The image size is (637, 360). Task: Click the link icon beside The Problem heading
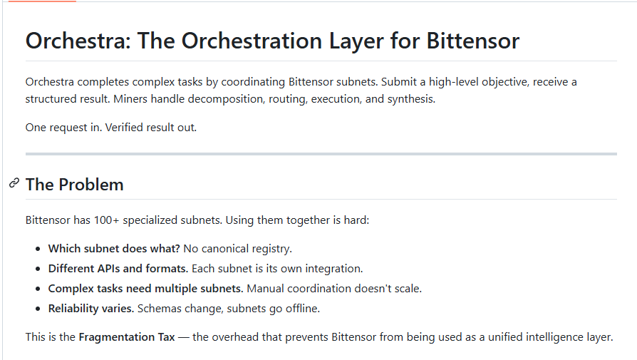14,183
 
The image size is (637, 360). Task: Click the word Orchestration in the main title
252,41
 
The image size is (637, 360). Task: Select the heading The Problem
74,185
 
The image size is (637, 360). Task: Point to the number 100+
106,220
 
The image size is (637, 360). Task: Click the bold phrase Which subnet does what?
114,248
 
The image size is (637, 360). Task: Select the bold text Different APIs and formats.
118,269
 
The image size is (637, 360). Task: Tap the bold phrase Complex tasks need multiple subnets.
146,289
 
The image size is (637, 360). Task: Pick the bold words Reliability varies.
91,309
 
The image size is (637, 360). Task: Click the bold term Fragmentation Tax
127,337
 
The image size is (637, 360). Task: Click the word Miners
130,99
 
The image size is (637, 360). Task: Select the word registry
272,249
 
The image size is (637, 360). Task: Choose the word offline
303,309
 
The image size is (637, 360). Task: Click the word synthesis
411,100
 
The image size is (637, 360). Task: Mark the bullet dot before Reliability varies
38,309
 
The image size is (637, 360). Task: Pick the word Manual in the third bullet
265,289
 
